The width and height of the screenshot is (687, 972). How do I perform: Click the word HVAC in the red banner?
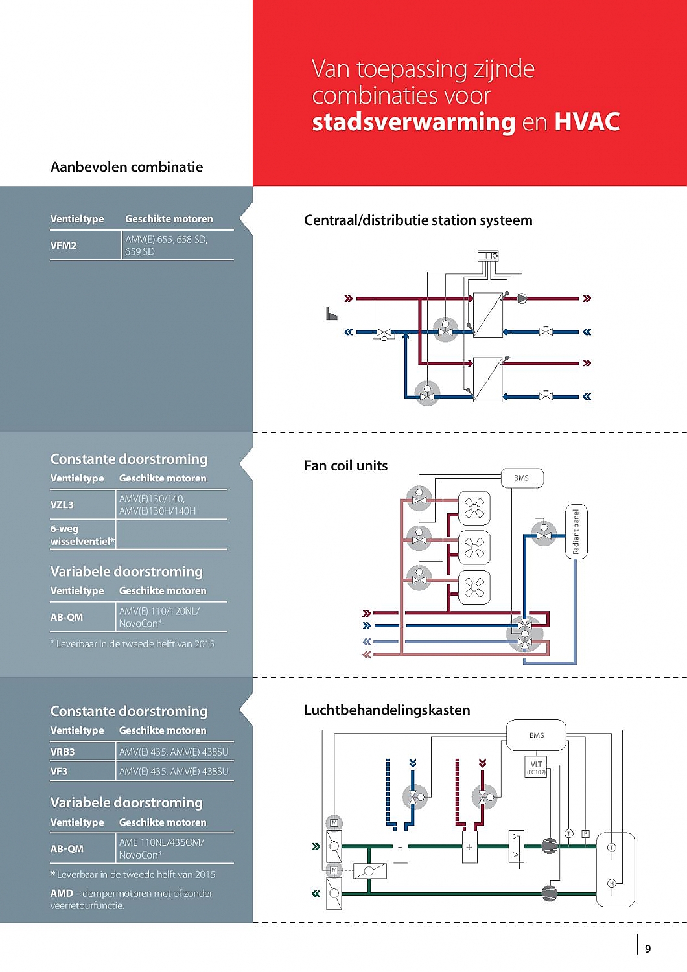coord(587,122)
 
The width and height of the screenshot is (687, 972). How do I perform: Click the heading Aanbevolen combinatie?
coord(127,167)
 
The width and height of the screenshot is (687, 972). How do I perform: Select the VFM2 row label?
coord(64,246)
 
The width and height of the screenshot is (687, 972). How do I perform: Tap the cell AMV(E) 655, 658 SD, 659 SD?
coord(167,246)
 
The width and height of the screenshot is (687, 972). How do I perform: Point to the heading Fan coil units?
coord(345,466)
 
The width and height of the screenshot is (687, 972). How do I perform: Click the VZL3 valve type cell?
coord(62,505)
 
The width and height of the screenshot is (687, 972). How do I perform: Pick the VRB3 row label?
coord(63,752)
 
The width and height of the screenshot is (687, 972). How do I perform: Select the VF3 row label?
coord(59,772)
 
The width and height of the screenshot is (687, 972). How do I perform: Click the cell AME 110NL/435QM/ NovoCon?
coord(162,849)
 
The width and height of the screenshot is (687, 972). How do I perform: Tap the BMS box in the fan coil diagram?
coord(521,478)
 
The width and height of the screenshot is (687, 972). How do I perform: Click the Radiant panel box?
coord(576,532)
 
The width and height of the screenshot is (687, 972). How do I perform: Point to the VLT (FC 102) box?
coord(536,767)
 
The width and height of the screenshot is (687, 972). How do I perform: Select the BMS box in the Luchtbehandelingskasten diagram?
coord(536,735)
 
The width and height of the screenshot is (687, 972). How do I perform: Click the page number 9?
coord(647,949)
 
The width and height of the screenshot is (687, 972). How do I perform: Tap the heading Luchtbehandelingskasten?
coord(387,710)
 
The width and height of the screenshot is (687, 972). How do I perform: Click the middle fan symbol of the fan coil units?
coord(474,548)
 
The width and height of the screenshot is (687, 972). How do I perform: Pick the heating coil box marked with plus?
coord(469,847)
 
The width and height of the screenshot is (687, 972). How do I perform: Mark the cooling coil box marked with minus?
coord(401,847)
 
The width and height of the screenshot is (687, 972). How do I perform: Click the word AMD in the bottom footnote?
coord(62,894)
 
